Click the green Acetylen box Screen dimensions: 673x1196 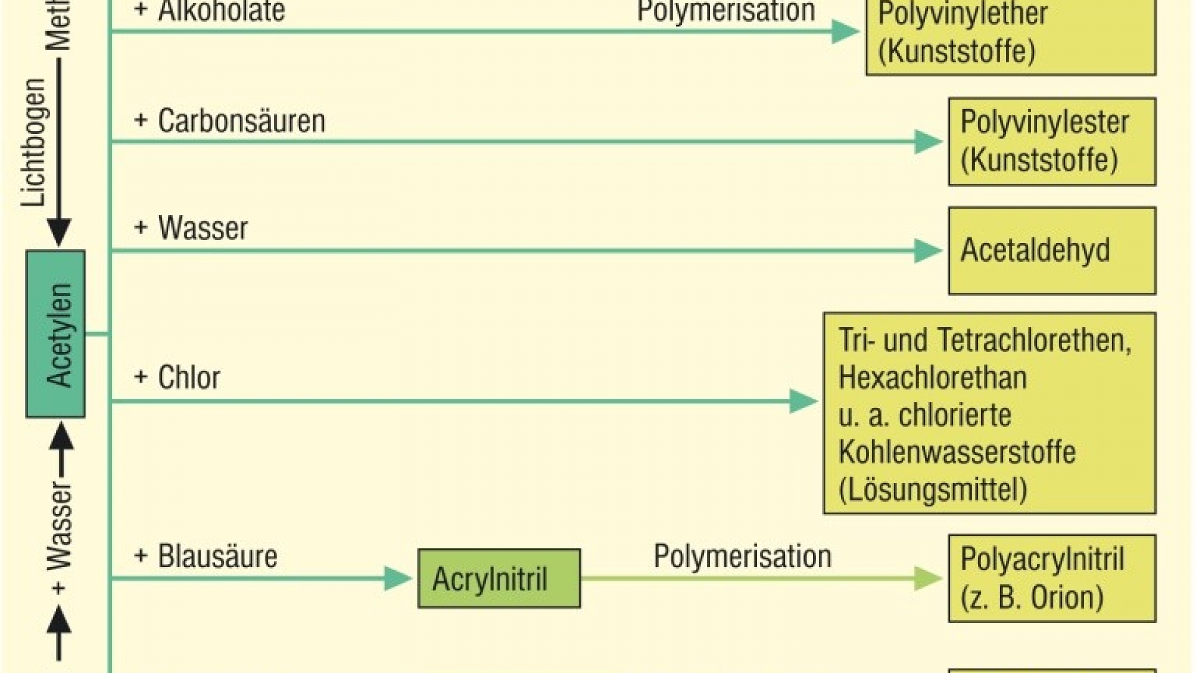[55, 334]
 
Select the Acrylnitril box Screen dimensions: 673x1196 [498, 578]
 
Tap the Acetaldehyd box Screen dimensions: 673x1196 [1051, 251]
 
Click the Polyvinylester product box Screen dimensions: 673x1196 [1051, 141]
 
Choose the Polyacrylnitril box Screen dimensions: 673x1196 [1051, 578]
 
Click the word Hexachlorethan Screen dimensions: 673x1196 [932, 378]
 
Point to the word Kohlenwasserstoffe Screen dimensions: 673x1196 [957, 452]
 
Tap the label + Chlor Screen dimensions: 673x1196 [177, 378]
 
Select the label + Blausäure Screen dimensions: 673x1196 [206, 556]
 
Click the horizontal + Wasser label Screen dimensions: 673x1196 [191, 228]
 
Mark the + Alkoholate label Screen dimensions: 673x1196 [209, 11]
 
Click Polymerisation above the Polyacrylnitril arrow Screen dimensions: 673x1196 [742, 556]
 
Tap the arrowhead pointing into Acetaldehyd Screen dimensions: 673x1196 [928, 251]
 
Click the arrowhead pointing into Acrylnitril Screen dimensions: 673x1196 [397, 578]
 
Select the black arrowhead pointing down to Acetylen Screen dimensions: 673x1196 [59, 232]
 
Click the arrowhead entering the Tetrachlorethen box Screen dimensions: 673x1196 [804, 401]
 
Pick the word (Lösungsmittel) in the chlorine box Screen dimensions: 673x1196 [932, 490]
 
